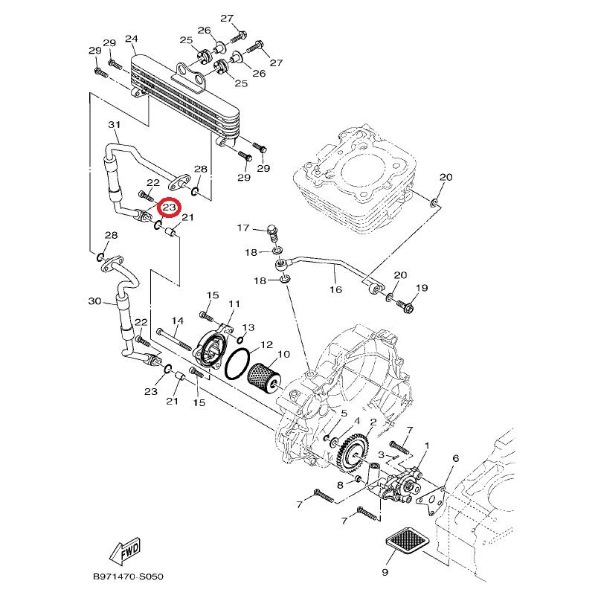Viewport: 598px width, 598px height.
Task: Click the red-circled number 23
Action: click(x=169, y=207)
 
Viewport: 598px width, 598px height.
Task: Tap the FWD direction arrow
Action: click(x=125, y=552)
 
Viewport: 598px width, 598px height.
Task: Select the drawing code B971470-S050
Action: click(x=128, y=576)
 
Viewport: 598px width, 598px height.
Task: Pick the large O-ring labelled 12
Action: click(x=237, y=364)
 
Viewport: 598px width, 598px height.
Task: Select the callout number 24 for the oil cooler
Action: click(x=131, y=39)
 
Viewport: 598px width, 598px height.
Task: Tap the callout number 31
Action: click(x=114, y=124)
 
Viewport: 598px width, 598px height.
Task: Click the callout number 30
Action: click(x=94, y=301)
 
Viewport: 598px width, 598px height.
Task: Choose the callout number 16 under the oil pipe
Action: click(x=335, y=289)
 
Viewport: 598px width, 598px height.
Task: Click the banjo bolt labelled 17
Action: click(x=274, y=233)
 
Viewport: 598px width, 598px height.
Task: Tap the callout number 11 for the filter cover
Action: click(x=234, y=303)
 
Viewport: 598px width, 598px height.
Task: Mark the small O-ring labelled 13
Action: click(x=242, y=339)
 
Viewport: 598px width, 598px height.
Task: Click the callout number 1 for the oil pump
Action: click(x=427, y=446)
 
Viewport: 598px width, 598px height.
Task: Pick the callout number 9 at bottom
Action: click(x=385, y=572)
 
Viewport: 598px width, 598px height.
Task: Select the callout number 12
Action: click(x=266, y=344)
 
